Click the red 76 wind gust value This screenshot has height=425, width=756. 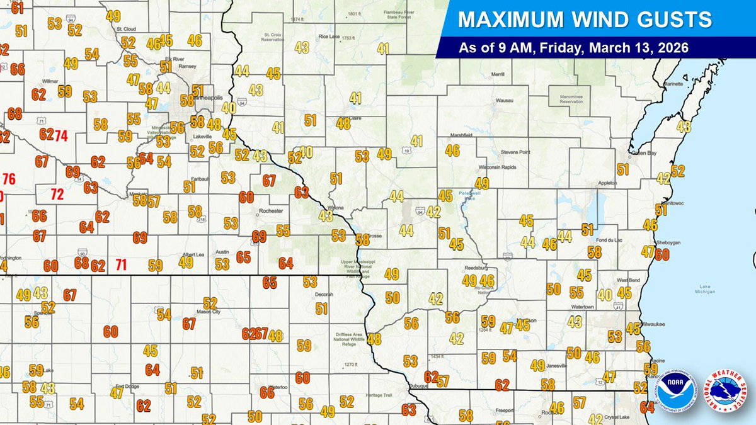(9, 178)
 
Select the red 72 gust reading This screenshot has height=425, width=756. (57, 195)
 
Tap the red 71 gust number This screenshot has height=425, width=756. (121, 264)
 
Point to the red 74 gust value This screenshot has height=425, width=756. (60, 135)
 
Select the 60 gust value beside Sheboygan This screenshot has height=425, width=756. (661, 254)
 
